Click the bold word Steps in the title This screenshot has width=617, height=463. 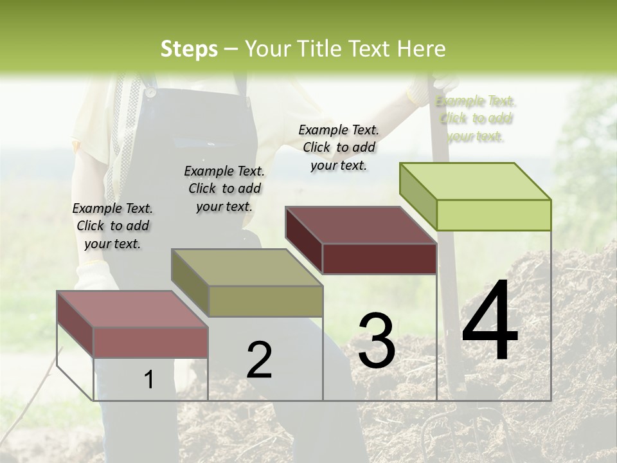point(189,49)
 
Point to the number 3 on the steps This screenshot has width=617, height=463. point(376,341)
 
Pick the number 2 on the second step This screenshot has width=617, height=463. point(259,360)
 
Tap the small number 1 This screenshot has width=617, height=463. point(149,380)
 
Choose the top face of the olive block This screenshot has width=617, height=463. point(247,268)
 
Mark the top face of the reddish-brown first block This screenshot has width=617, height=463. point(132,309)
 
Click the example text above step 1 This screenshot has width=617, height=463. point(112,226)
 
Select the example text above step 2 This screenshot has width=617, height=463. point(224,188)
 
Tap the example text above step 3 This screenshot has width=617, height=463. point(339,147)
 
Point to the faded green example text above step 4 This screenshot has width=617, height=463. point(476,118)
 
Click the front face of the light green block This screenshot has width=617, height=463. point(494,215)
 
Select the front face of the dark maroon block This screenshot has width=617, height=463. point(379,259)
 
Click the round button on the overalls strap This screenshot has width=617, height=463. point(150,92)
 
